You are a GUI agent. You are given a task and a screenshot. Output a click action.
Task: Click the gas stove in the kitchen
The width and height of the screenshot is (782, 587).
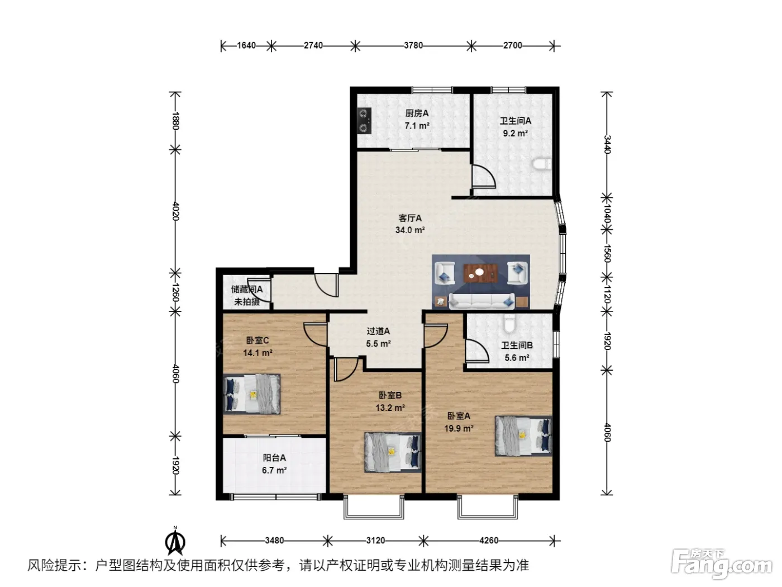click(364, 120)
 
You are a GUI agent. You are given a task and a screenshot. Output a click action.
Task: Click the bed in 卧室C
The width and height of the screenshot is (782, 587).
click(251, 394)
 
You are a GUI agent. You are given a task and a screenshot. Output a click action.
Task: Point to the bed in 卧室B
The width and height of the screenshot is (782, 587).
click(393, 452)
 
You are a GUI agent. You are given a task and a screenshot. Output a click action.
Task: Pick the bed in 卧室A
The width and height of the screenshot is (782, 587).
click(523, 436)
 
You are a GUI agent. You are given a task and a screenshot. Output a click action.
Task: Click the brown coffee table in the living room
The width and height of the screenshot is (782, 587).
click(480, 273)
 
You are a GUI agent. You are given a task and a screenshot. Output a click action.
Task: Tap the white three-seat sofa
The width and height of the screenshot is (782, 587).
click(481, 301)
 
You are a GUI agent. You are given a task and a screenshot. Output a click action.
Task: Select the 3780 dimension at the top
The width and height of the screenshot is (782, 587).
click(413, 46)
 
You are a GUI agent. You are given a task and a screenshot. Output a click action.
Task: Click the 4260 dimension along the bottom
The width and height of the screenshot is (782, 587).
click(488, 541)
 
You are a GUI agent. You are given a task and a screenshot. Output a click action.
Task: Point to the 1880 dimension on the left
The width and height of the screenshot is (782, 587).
click(175, 121)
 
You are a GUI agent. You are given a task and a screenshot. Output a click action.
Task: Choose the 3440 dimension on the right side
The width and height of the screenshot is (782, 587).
click(607, 144)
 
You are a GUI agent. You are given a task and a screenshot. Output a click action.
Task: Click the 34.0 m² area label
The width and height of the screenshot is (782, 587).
click(409, 230)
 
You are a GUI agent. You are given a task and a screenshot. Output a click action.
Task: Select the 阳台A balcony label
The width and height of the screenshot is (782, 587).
click(274, 458)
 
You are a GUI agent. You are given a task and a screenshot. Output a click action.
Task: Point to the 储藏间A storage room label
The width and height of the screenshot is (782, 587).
click(246, 290)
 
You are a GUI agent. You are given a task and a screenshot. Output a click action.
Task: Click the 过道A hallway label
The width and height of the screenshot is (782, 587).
click(378, 331)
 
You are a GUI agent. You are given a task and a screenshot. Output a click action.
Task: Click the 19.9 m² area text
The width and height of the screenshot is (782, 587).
click(459, 428)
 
